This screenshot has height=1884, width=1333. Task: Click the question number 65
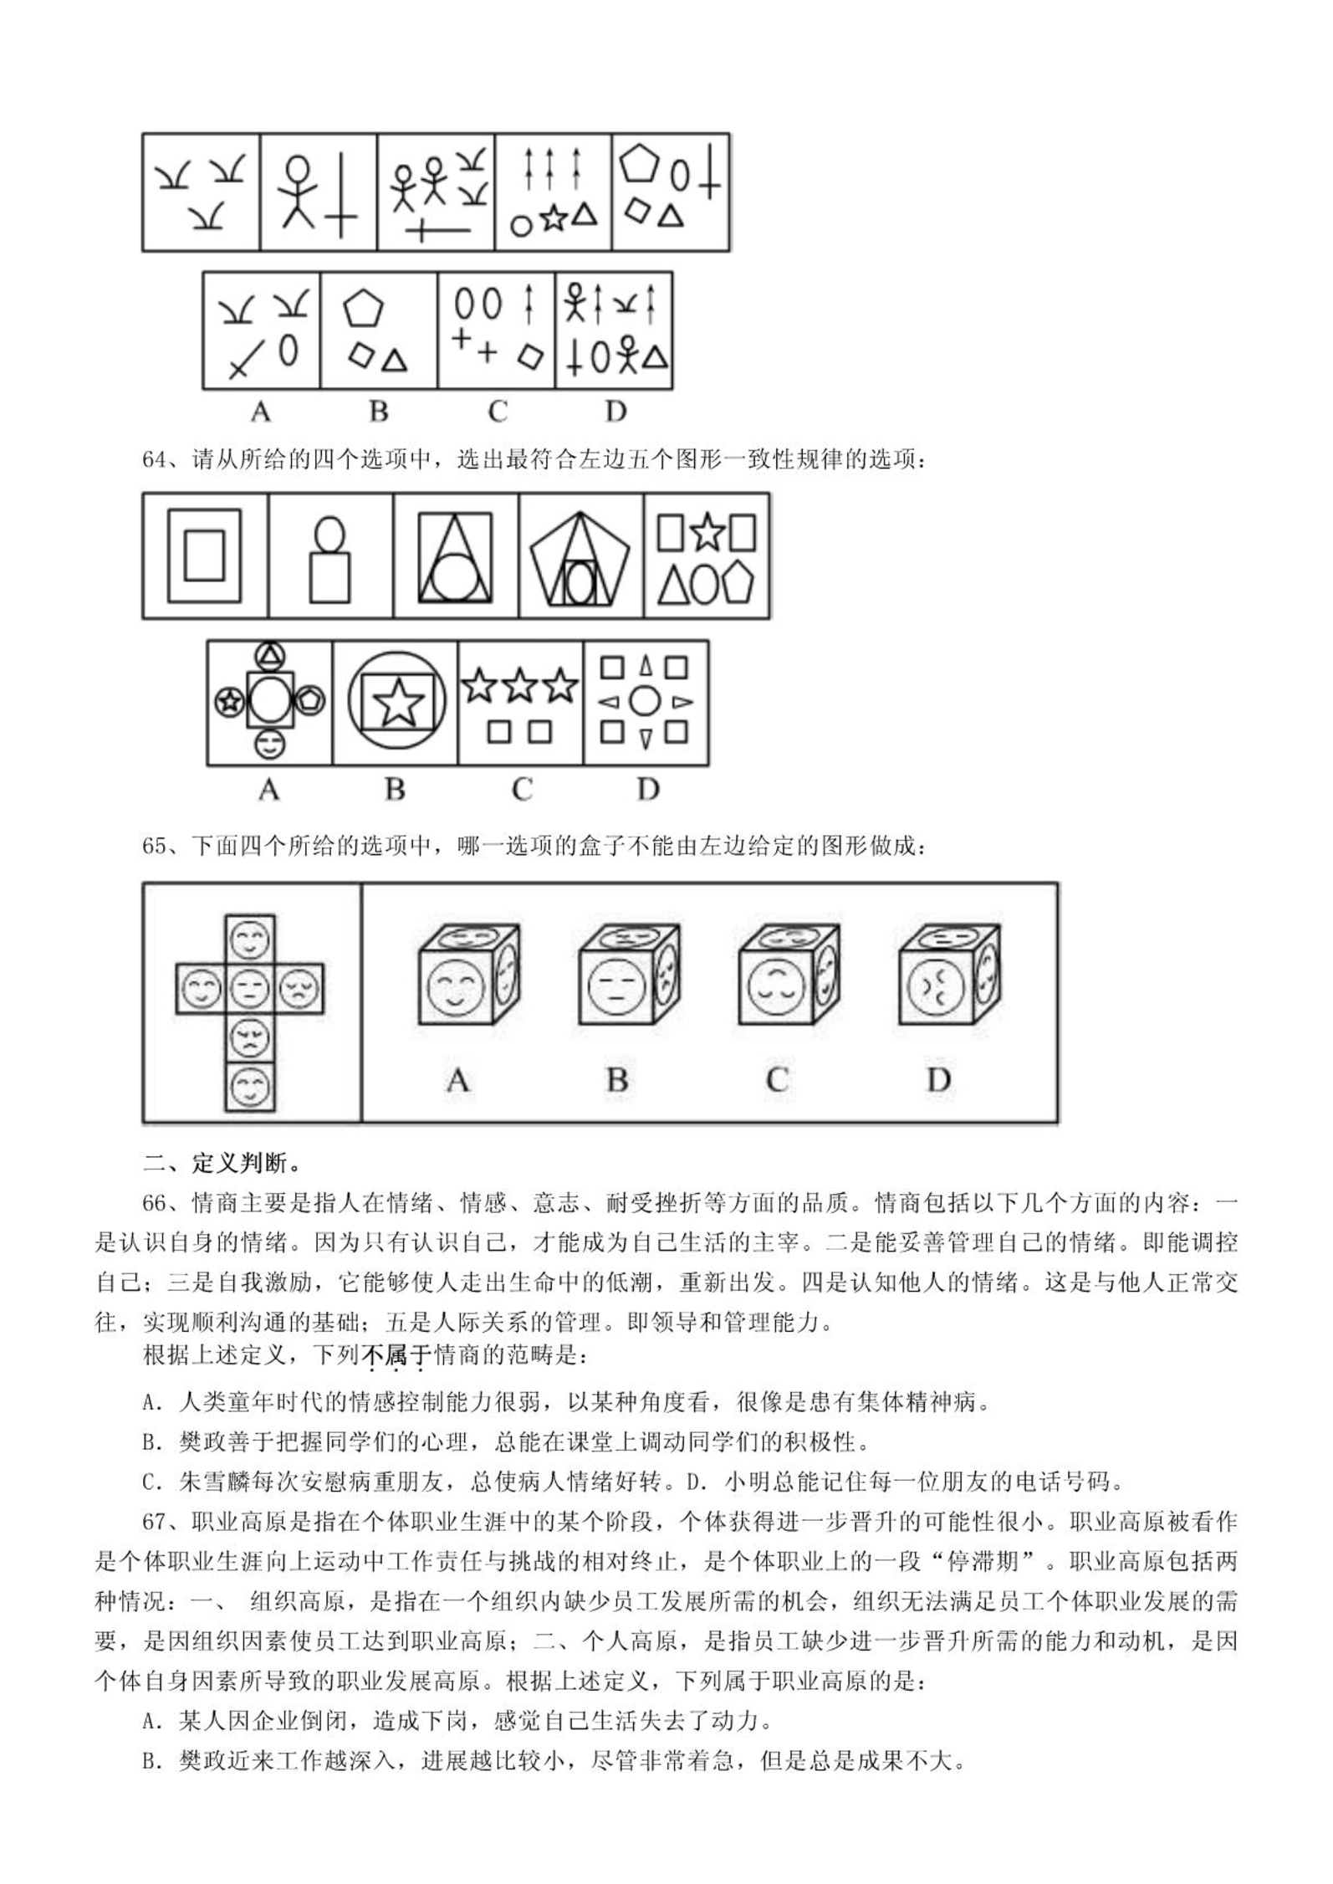click(x=156, y=846)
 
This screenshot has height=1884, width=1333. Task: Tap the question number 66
click(x=156, y=1203)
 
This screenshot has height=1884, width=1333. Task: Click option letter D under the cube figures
click(x=938, y=1079)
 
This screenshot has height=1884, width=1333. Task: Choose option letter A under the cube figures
click(x=457, y=1079)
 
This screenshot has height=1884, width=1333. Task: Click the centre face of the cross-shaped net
click(x=249, y=988)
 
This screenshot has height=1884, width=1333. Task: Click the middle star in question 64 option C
click(x=520, y=686)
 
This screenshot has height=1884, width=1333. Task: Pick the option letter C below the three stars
click(x=521, y=790)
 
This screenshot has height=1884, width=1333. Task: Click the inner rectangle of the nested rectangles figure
click(x=204, y=555)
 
